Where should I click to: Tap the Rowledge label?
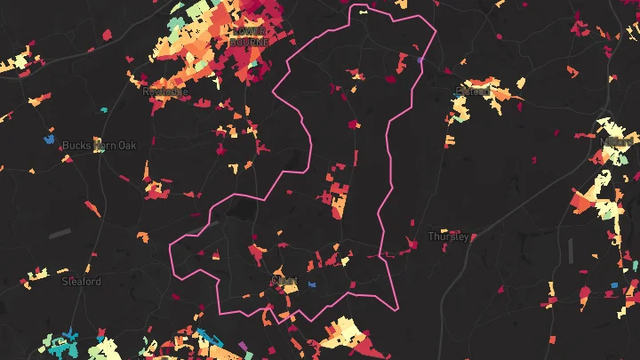[165, 91]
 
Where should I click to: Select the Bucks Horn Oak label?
[99, 145]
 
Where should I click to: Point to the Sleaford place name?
[81, 281]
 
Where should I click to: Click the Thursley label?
[448, 236]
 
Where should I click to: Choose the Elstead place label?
[473, 91]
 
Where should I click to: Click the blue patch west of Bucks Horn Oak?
[49, 140]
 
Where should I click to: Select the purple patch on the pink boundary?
[421, 60]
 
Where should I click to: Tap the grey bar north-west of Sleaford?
[60, 233]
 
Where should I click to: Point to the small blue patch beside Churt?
[311, 284]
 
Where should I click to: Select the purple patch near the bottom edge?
[244, 345]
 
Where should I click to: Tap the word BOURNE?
[247, 42]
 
